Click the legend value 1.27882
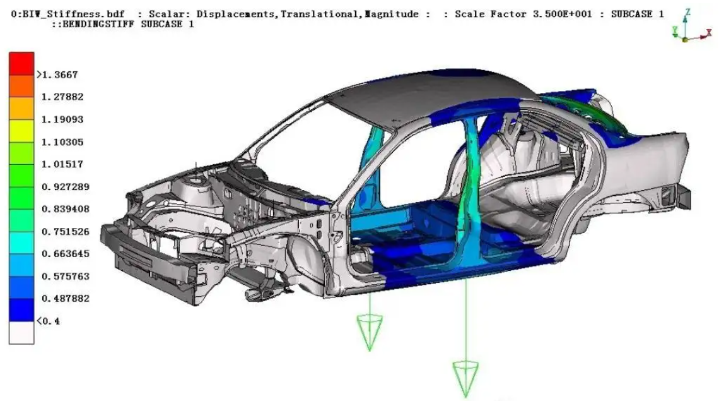[x=62, y=97]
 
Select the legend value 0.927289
[x=65, y=187]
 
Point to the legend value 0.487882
[x=65, y=299]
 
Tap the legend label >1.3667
[x=57, y=75]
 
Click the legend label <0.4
[x=48, y=321]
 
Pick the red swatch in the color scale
[x=21, y=63]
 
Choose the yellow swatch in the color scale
[x=21, y=131]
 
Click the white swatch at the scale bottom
[x=21, y=333]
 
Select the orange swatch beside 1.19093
[x=21, y=109]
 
